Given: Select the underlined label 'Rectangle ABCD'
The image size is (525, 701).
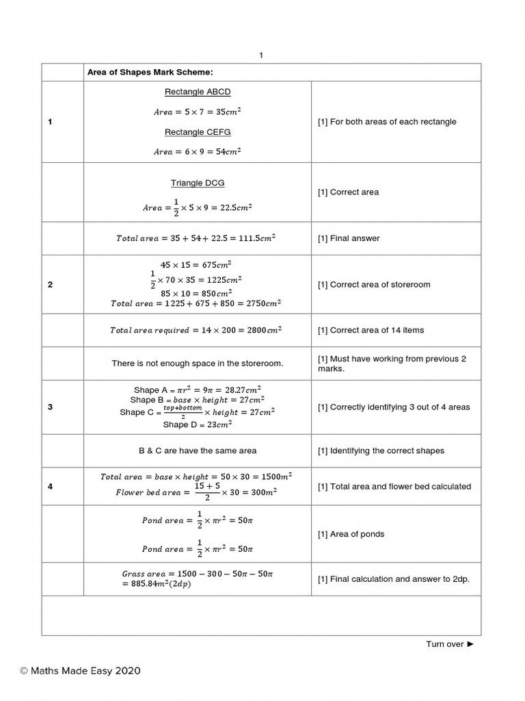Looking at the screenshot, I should [198, 92].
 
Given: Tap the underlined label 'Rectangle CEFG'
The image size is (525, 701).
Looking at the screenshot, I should [198, 132].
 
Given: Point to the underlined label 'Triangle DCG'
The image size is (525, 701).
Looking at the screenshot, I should [198, 183].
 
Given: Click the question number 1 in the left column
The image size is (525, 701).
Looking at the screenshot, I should [50, 122].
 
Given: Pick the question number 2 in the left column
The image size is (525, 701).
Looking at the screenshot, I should [50, 285].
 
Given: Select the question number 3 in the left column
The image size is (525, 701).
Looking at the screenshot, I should [50, 407].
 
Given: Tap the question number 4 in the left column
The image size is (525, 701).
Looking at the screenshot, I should [50, 487].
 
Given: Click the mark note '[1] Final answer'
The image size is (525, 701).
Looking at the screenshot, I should [349, 238].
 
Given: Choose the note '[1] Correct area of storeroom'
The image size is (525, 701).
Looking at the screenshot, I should [374, 285].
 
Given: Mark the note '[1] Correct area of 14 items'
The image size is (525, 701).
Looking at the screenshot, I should [371, 330].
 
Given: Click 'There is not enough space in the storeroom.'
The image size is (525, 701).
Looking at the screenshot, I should [198, 364].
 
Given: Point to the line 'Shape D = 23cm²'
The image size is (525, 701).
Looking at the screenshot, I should [198, 424].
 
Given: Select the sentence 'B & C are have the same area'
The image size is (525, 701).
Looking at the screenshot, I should [198, 451].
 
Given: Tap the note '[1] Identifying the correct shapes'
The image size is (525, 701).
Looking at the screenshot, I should [381, 451].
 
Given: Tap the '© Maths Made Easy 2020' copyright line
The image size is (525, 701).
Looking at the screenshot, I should [80, 671].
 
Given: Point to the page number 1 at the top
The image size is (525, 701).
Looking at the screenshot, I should [261, 55].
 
